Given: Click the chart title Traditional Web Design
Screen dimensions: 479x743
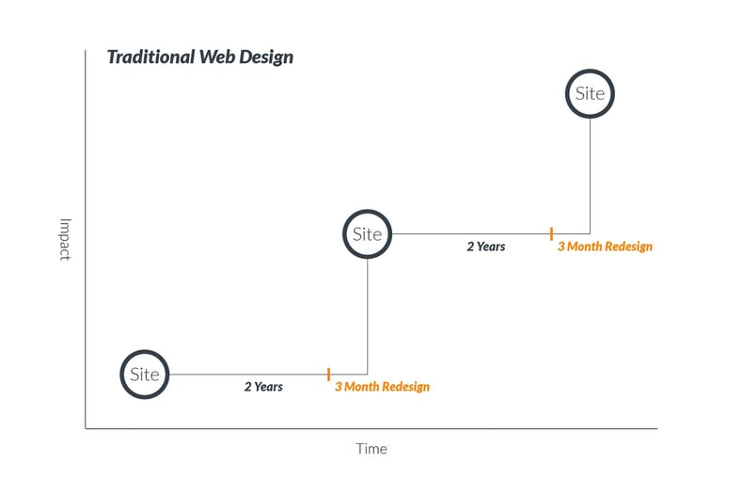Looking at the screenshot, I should click(199, 56).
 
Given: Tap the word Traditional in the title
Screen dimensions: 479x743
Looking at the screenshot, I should click(150, 56).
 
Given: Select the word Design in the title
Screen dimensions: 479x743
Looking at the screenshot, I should click(269, 56).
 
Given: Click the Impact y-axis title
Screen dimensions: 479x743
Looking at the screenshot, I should click(65, 239).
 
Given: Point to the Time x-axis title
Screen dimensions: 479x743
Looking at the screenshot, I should click(371, 449).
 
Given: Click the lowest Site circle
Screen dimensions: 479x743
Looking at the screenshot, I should click(145, 375).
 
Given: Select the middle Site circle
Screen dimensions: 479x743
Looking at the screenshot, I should click(367, 234).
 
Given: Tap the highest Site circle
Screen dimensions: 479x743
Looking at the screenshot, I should click(590, 94).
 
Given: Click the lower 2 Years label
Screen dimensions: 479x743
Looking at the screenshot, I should click(263, 387).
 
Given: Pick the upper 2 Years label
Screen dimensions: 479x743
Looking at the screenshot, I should click(486, 247).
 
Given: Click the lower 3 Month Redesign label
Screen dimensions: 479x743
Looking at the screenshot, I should click(382, 387).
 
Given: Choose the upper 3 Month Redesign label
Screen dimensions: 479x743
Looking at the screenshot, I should click(605, 247).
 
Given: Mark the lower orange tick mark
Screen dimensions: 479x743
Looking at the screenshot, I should click(328, 375).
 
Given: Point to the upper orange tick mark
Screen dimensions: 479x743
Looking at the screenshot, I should click(551, 233).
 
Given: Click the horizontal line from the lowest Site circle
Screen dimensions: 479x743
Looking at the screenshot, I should click(245, 375).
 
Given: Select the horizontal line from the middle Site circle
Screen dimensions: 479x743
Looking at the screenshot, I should click(470, 234).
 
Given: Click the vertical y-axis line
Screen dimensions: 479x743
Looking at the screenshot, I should click(86, 235).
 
